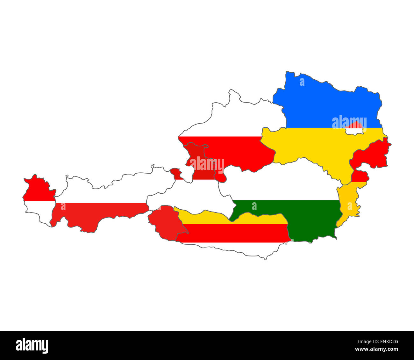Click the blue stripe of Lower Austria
pyautogui.click(x=318, y=102)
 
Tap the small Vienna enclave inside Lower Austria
pyautogui.click(x=354, y=129)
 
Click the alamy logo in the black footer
pyautogui.click(x=32, y=346)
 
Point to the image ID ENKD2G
pyautogui.click(x=387, y=342)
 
